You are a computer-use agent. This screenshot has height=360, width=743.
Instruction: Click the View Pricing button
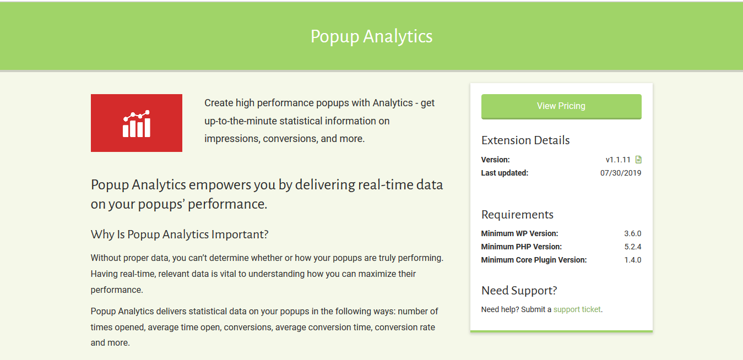pyautogui.click(x=561, y=106)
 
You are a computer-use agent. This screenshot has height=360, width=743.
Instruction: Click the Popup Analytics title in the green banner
pyautogui.click(x=371, y=36)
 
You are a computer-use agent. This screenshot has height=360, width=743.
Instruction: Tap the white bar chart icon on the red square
pyautogui.click(x=137, y=123)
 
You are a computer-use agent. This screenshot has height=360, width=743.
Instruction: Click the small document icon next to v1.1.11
pyautogui.click(x=638, y=160)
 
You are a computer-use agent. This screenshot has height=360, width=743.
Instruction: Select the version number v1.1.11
pyautogui.click(x=618, y=160)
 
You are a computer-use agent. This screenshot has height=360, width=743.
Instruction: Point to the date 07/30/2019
pyautogui.click(x=621, y=173)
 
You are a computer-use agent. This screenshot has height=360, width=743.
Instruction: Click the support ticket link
pyautogui.click(x=577, y=309)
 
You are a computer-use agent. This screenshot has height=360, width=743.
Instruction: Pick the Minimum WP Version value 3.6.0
pyautogui.click(x=632, y=234)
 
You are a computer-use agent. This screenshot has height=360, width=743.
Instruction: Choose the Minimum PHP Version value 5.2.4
pyautogui.click(x=632, y=247)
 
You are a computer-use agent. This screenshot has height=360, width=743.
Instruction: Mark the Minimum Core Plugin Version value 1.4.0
pyautogui.click(x=632, y=260)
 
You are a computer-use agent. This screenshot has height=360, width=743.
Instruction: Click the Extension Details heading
pyautogui.click(x=525, y=140)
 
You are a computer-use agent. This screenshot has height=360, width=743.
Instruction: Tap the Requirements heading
pyautogui.click(x=517, y=215)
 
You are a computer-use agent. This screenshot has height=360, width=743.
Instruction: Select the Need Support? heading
pyautogui.click(x=519, y=291)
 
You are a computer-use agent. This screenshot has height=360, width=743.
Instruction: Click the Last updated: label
pyautogui.click(x=505, y=173)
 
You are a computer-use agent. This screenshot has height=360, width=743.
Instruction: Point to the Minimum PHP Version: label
pyautogui.click(x=522, y=247)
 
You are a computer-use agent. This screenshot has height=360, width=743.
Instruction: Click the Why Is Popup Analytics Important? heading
pyautogui.click(x=180, y=234)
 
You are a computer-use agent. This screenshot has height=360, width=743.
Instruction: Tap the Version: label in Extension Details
pyautogui.click(x=495, y=160)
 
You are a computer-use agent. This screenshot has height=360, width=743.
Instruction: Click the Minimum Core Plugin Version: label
pyautogui.click(x=534, y=260)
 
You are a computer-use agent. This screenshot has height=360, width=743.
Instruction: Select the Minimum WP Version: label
pyautogui.click(x=519, y=234)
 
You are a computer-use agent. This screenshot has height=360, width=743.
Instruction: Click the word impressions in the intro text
pyautogui.click(x=232, y=139)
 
